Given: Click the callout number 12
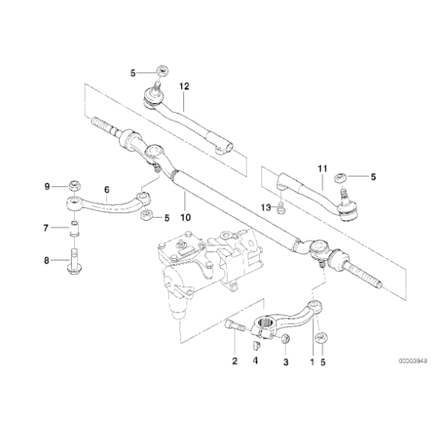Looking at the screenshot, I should point(183,87).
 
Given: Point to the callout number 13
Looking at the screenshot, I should point(266,207).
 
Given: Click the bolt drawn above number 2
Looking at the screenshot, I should point(235,329).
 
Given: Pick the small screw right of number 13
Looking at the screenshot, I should point(282,209).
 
